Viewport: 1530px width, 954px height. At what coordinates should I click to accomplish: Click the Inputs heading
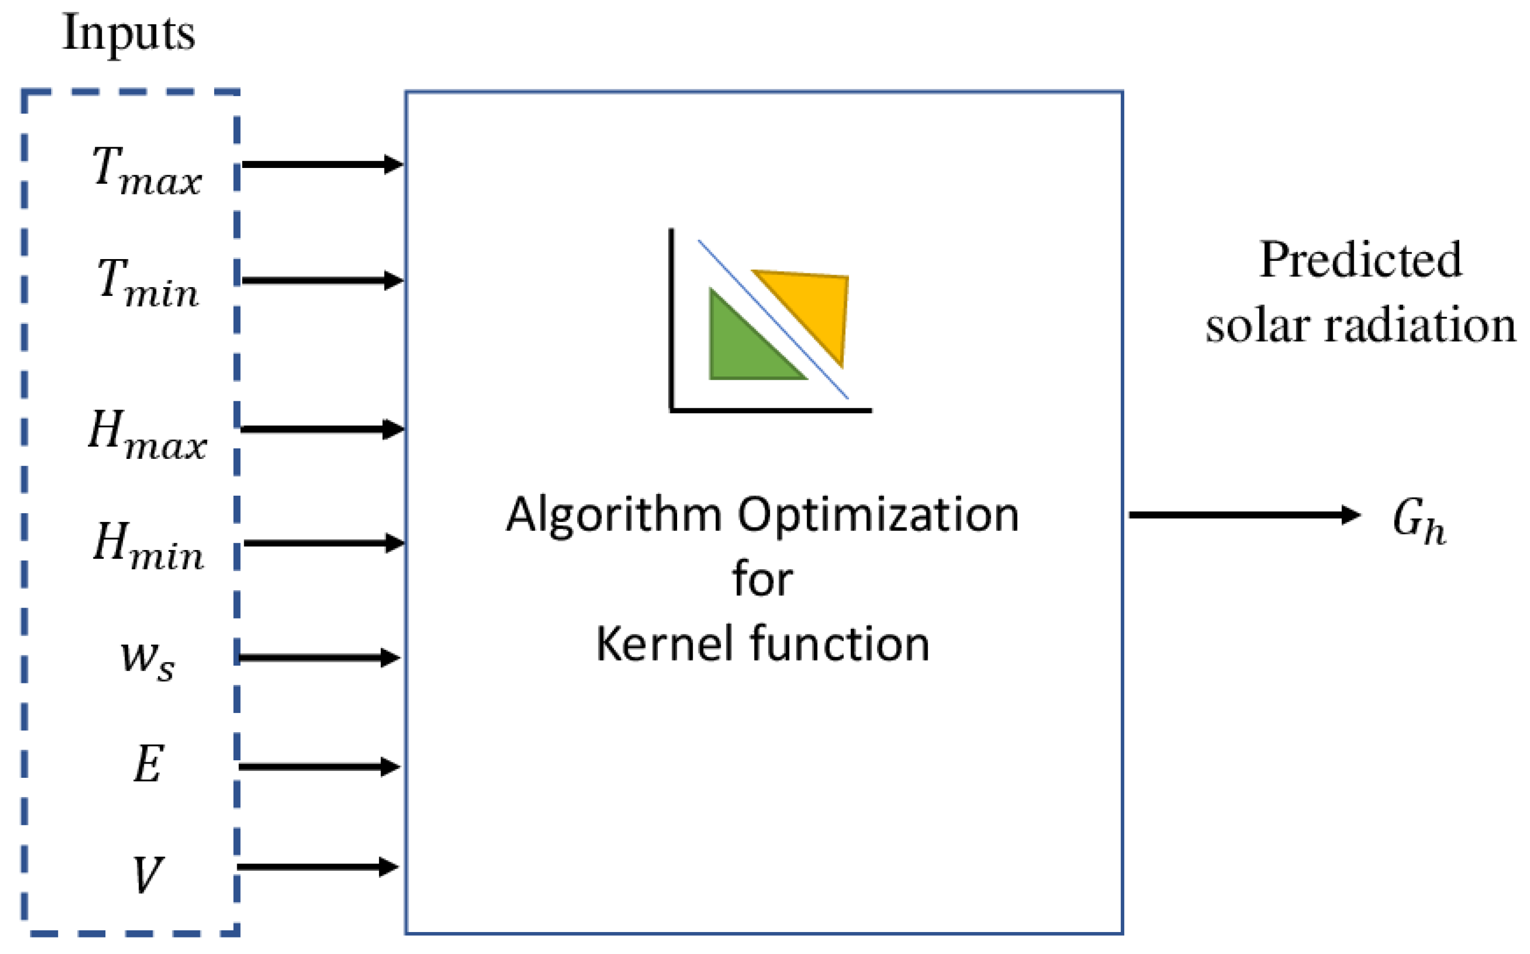tap(129, 33)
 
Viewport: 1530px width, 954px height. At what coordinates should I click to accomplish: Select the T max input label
tap(147, 169)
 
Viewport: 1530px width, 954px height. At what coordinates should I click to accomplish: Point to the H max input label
tap(147, 434)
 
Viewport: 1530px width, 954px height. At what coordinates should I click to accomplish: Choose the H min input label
tap(148, 546)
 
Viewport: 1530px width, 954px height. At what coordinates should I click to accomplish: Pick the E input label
tap(149, 764)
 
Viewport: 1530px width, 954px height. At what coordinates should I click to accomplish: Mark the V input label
tap(148, 874)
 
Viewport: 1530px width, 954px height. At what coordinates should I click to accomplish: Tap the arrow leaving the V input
tap(317, 866)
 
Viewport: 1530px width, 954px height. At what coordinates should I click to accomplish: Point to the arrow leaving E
tap(318, 767)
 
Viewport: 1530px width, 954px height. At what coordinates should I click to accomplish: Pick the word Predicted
tap(1360, 260)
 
